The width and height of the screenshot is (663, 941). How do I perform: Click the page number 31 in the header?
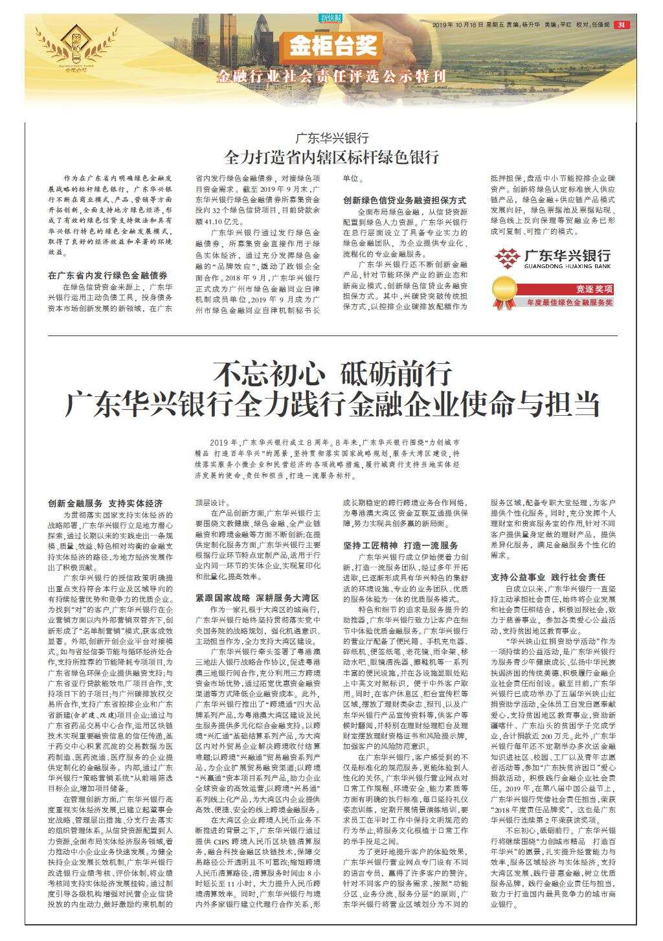coord(622,25)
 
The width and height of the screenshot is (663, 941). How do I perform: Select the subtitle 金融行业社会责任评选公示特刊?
coord(332,76)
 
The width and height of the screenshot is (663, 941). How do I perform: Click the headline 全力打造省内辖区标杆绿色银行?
coord(331,157)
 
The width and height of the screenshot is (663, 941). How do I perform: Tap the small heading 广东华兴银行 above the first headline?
coord(331,138)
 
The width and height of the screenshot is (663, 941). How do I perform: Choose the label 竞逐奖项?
coord(594,289)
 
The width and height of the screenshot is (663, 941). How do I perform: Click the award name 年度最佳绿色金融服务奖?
coord(568,302)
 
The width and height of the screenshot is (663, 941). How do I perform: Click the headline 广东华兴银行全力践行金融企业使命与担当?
coord(331,404)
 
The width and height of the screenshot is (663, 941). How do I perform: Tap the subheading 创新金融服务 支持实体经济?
coord(106,503)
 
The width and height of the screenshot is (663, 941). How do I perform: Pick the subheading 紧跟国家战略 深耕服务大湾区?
coord(257,598)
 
